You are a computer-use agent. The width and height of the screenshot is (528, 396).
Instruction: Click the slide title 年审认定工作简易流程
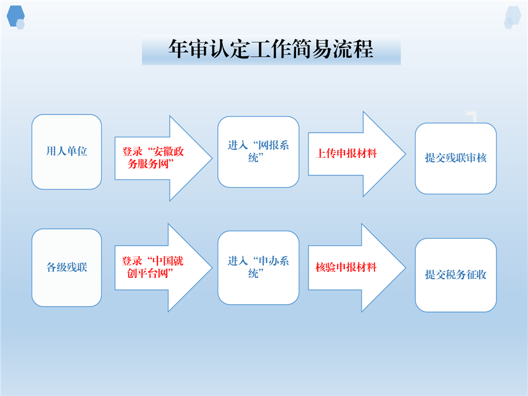point(271,49)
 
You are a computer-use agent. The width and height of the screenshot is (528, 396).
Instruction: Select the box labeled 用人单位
point(67,152)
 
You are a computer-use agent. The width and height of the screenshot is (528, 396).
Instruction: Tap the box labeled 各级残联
point(67,268)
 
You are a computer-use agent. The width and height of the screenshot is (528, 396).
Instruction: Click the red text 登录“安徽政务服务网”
point(153,158)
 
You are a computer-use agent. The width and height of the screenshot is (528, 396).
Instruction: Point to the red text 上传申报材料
point(346,153)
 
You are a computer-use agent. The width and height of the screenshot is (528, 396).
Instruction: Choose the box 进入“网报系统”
point(258,152)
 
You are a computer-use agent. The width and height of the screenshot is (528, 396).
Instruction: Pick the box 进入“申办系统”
point(258,268)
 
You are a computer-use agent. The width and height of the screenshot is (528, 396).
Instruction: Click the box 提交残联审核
point(455,158)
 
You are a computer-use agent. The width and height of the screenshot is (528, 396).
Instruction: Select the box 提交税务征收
point(455,275)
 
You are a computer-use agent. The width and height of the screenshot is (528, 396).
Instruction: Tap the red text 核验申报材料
point(346,267)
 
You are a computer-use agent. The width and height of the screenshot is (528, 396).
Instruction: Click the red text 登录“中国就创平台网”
point(152,267)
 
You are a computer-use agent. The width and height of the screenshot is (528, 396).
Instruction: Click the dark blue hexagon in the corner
point(15,16)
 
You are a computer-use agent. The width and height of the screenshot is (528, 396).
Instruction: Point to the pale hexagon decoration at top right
point(513,17)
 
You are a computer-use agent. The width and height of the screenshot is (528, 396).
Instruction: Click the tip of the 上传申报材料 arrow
point(405,154)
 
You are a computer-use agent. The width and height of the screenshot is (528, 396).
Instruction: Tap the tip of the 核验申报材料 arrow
point(405,268)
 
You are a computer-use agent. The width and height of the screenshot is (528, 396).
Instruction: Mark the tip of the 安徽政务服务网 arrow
point(212,158)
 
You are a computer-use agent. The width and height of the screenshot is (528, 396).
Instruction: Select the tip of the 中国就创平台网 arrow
point(212,268)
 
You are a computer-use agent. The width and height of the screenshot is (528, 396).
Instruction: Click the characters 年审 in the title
point(189,49)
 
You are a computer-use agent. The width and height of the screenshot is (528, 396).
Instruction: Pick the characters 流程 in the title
point(353,49)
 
